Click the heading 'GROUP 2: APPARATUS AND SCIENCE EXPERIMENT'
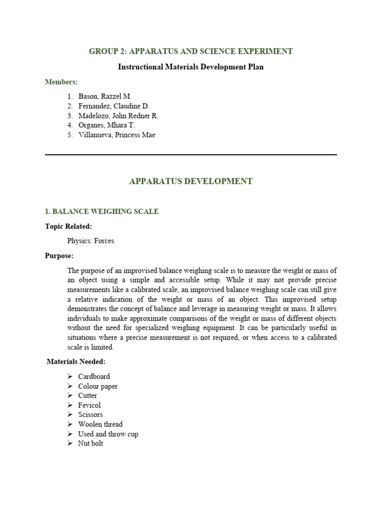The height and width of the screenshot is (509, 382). click(191, 51)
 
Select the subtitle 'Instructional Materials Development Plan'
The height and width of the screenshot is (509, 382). click(191, 67)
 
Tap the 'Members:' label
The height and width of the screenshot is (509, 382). click(61, 82)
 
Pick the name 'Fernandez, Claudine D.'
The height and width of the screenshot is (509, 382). click(113, 106)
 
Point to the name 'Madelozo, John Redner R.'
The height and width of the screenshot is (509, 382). click(118, 116)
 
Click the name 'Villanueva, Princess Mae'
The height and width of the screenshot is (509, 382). click(116, 135)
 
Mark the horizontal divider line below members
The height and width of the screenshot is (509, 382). click(191, 155)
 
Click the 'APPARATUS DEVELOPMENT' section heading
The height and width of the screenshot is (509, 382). click(191, 181)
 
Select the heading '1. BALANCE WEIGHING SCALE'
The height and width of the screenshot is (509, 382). click(101, 212)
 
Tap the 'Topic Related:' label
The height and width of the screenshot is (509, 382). click(68, 226)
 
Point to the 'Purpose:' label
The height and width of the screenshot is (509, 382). click(59, 256)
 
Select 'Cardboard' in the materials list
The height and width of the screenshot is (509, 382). click(94, 377)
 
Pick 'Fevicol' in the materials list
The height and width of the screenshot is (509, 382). click(90, 405)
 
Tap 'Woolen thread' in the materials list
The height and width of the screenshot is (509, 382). click(100, 424)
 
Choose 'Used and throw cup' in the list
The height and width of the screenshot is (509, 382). click(108, 434)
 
